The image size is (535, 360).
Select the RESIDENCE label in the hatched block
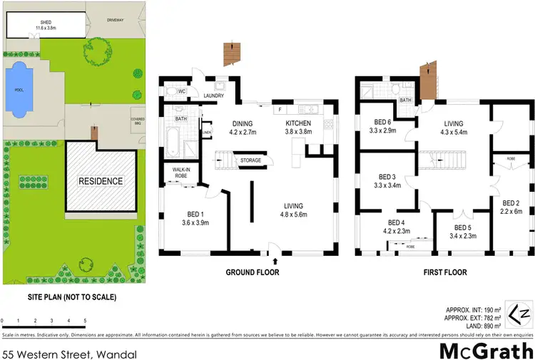101,181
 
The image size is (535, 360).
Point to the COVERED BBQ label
138,120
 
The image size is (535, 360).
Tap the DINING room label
241,123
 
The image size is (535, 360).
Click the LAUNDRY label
214,96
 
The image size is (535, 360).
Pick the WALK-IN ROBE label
175,172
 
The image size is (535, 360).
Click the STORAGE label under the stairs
250,160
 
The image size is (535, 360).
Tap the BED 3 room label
387,177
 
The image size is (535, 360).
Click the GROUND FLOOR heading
252,272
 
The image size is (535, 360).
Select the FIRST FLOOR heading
444,272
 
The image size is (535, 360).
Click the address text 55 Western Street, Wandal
69,354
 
